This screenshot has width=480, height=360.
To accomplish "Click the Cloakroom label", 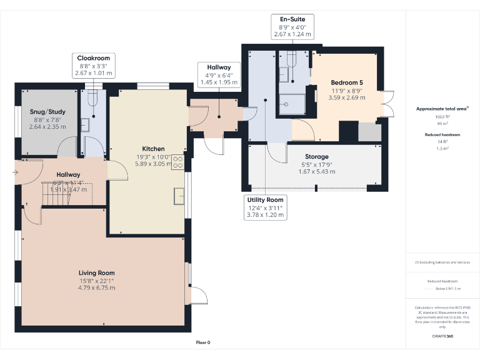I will [x=93, y=58].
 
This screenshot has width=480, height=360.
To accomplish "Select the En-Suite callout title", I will [x=292, y=20].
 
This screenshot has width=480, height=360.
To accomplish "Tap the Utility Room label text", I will [x=265, y=199].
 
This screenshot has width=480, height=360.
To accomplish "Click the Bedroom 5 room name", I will [x=346, y=82].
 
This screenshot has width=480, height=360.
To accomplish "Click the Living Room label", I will [x=96, y=272].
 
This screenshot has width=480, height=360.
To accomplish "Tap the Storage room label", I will [x=317, y=157].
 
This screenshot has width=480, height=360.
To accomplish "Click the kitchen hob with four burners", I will [x=178, y=162].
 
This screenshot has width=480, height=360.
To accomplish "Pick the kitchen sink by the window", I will [x=179, y=196].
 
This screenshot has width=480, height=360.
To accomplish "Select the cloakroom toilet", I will [x=93, y=98].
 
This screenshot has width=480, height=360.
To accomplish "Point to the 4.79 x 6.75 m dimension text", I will [x=96, y=287].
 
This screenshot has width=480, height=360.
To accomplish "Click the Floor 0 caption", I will [x=203, y=342].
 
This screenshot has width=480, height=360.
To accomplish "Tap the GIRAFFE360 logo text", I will [x=442, y=336].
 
